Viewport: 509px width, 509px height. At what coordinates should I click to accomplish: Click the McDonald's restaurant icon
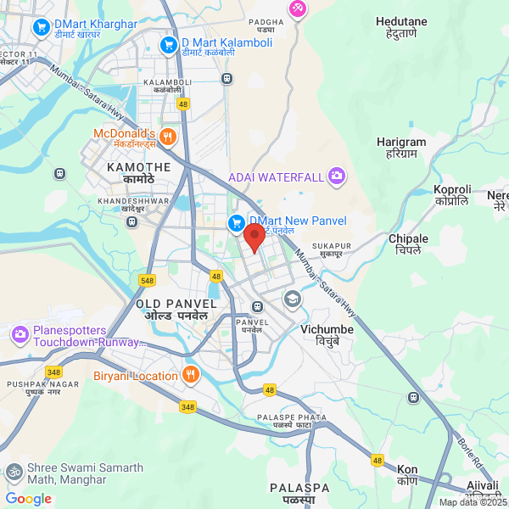167,137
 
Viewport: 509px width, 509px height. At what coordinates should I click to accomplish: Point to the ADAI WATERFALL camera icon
338,176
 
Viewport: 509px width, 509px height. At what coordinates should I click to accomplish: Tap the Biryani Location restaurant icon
191,374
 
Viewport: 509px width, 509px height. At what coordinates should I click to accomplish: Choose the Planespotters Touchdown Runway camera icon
20,335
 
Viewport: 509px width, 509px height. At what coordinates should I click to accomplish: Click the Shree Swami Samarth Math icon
14,472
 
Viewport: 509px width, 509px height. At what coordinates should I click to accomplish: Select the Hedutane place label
400,26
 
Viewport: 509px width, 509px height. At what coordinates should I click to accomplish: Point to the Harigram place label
401,148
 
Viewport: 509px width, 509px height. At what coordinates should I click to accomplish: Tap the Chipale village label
408,244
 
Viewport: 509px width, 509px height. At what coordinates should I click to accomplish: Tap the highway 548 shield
148,279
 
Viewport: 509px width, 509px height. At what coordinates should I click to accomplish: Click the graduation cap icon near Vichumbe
292,299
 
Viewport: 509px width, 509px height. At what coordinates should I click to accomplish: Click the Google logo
28,498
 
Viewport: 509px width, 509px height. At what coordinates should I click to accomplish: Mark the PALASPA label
299,493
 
